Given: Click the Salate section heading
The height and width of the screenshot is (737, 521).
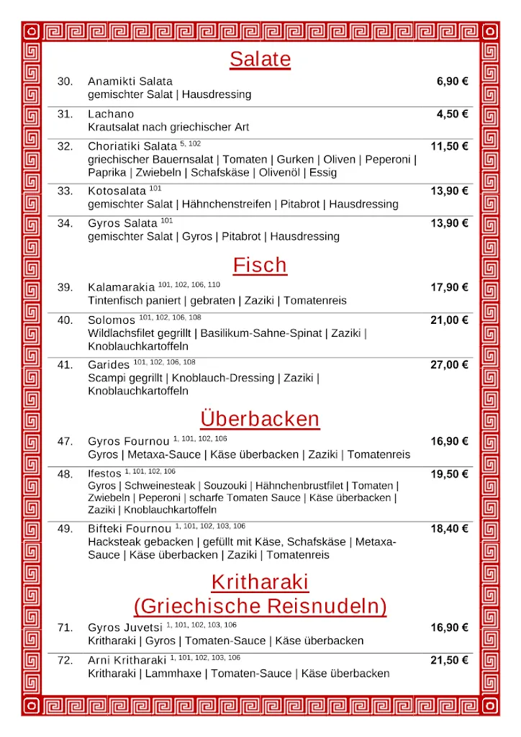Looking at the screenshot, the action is pyautogui.click(x=260, y=59).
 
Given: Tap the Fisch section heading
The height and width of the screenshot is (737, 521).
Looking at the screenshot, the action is pyautogui.click(x=260, y=266).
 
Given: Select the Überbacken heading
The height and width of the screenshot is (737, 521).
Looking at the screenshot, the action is pyautogui.click(x=260, y=419).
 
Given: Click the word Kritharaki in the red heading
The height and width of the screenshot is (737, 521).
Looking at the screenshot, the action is pyautogui.click(x=260, y=582).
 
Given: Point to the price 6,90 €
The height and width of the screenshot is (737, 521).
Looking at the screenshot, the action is pyautogui.click(x=452, y=81).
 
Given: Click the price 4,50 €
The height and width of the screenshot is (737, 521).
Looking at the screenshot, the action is pyautogui.click(x=452, y=114).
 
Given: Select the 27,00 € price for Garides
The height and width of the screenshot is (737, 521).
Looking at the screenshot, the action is pyautogui.click(x=449, y=365).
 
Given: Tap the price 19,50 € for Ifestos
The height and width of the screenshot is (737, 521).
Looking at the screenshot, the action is pyautogui.click(x=449, y=474).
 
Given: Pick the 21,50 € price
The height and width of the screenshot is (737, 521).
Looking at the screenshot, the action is pyautogui.click(x=449, y=660).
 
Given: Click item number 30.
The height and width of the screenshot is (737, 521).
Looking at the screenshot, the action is pyautogui.click(x=65, y=81).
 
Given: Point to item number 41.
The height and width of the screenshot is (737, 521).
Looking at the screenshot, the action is pyautogui.click(x=65, y=365).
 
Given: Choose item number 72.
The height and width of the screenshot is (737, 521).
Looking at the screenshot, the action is pyautogui.click(x=65, y=660).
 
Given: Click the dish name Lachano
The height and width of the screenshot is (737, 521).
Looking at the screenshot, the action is pyautogui.click(x=111, y=114).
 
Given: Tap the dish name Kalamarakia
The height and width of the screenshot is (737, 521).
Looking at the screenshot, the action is pyautogui.click(x=121, y=288).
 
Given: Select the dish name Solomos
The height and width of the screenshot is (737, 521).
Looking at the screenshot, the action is pyautogui.click(x=112, y=320).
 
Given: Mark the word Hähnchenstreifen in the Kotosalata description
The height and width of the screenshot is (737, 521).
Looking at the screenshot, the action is pyautogui.click(x=227, y=204).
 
